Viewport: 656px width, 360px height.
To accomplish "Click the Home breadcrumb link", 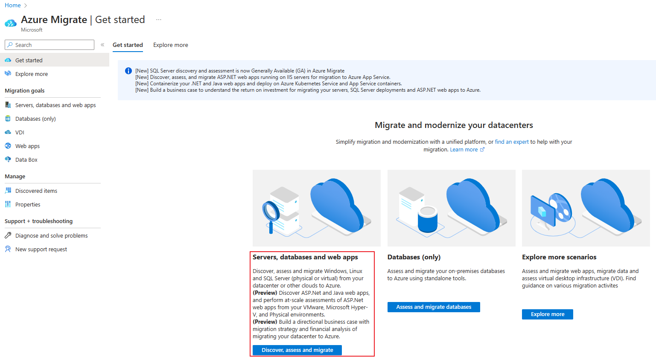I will pos(13,5).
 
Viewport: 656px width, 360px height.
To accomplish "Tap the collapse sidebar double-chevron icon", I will pos(102,45).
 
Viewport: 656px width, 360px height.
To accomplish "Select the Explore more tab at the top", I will pos(170,45).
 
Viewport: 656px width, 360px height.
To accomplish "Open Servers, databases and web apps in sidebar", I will pos(55,105).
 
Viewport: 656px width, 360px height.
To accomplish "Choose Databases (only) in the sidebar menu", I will pos(35,119).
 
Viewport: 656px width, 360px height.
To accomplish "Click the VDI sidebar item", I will pos(20,132).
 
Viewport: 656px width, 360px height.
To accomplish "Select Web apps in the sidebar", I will pos(27,146).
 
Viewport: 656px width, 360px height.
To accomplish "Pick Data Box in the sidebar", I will pos(26,160).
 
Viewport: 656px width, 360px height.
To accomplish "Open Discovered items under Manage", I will pos(36,191).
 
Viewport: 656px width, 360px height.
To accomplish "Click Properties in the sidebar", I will pos(28,204).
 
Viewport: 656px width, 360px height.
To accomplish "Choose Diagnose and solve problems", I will pos(51,235).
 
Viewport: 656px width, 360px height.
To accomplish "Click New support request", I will pos(41,249).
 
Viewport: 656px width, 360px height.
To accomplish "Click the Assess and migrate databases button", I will pos(434,307).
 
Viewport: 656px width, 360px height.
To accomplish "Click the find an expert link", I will pos(512,142).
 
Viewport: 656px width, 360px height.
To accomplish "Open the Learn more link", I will pos(464,149).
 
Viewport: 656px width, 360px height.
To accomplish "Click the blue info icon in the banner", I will pos(128,71).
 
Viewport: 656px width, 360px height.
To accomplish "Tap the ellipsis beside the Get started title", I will pos(159,20).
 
